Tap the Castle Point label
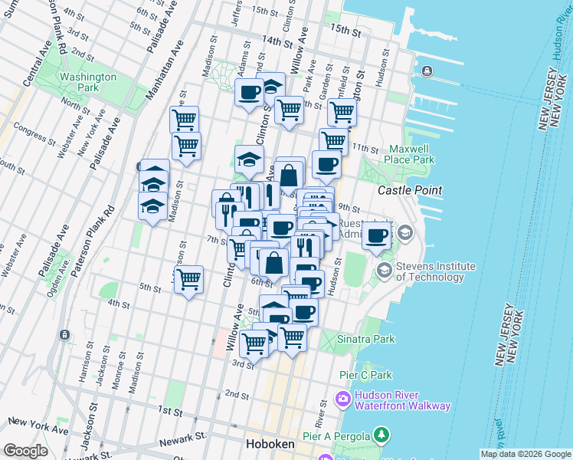coord(411,189)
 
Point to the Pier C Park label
coord(365,375)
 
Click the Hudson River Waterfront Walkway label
coord(402,401)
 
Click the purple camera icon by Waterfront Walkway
coord(342,399)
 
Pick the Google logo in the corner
coord(26,451)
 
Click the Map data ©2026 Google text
coord(526,454)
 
